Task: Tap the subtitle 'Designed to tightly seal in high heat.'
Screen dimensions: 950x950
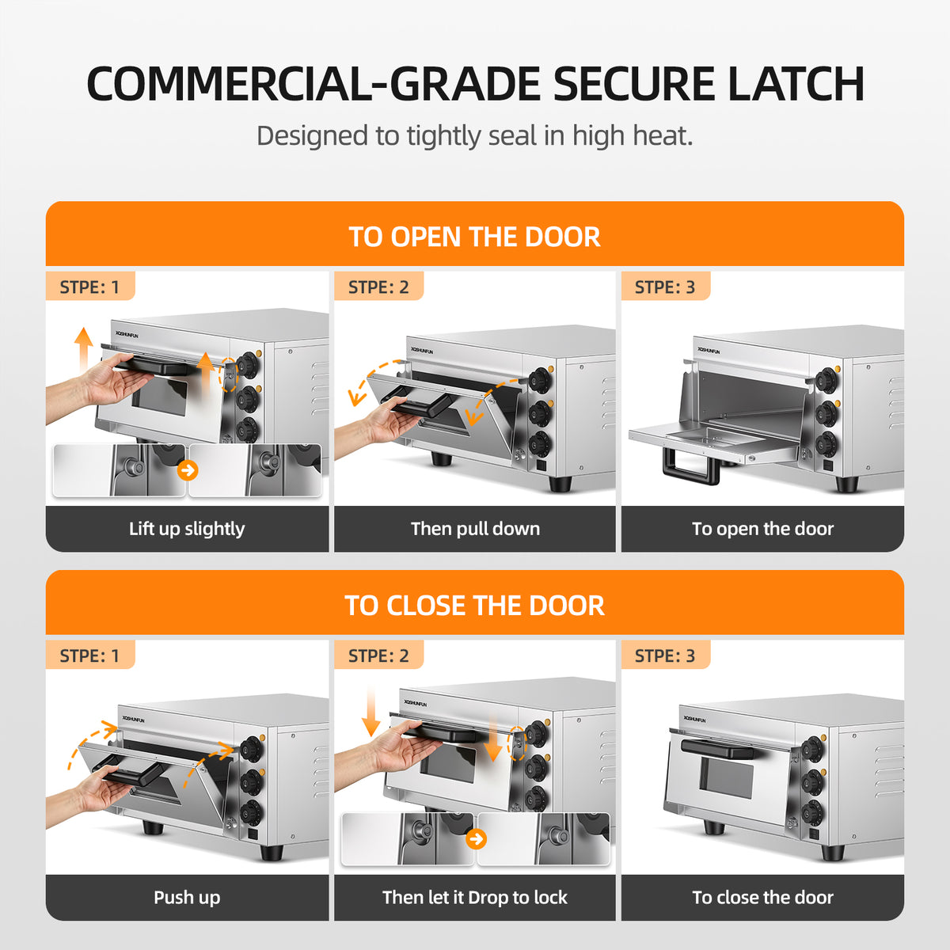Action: [x=475, y=135]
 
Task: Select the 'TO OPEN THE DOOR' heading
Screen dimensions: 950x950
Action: [x=474, y=237]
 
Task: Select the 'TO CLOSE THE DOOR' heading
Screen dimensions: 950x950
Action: [x=474, y=606]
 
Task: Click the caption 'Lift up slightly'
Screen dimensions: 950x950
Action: [x=187, y=529]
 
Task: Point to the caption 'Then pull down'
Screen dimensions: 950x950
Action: [x=475, y=529]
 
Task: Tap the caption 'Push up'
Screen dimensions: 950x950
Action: [x=187, y=898]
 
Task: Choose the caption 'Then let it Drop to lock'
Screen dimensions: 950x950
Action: [x=475, y=897]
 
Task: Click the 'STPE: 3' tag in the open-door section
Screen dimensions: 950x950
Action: [x=664, y=287]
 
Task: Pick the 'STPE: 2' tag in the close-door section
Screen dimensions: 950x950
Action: [x=378, y=655]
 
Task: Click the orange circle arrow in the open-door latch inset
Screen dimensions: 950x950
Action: [x=188, y=470]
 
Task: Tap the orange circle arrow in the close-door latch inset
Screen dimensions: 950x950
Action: [x=476, y=839]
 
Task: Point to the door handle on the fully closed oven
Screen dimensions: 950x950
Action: [x=718, y=749]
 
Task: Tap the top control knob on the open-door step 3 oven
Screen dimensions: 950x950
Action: [x=826, y=380]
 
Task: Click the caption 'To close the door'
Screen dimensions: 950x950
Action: [x=762, y=898]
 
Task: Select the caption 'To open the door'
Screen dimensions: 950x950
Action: [x=762, y=529]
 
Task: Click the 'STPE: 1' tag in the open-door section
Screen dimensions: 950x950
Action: [x=89, y=287]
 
